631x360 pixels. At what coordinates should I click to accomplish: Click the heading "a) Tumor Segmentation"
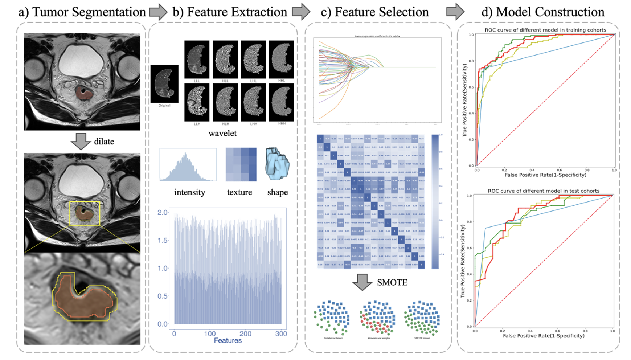point(82,12)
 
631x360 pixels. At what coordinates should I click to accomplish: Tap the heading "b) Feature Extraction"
point(230,12)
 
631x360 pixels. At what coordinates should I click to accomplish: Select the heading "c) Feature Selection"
point(374,12)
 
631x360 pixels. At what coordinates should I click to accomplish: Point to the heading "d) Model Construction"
point(543,12)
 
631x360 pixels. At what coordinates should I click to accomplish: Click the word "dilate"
point(104,142)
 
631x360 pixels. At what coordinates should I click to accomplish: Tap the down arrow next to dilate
point(81,141)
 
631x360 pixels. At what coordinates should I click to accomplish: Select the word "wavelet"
point(222,133)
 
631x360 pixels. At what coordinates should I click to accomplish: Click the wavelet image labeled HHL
point(281,59)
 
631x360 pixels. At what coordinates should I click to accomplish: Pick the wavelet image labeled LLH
point(197,102)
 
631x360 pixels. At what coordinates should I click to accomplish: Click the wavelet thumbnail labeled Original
point(164,84)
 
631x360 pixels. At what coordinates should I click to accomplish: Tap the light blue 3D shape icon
point(277,164)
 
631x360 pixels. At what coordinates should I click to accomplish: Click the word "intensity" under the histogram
point(189,192)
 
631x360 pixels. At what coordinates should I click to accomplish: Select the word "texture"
point(239,192)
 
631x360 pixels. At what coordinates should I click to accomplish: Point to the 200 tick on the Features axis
point(245,334)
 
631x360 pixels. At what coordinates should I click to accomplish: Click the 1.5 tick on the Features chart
point(163,240)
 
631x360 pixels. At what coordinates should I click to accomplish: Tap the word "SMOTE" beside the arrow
point(392,282)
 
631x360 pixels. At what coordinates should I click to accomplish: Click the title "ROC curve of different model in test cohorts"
point(544,191)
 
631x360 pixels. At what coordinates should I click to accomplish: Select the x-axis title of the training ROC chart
point(545,175)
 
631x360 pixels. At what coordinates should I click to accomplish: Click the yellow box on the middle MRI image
point(85,213)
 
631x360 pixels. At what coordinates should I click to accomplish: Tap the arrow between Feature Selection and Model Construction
point(455,12)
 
